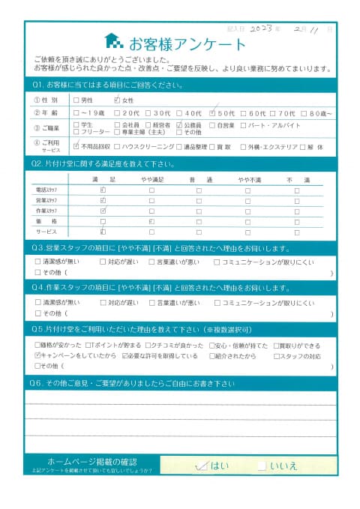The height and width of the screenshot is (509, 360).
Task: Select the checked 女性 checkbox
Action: point(116,99)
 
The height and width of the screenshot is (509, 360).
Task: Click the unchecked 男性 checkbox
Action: point(76,99)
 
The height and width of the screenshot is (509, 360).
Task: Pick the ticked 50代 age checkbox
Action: point(214,112)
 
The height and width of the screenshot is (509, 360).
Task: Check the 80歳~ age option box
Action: point(311,112)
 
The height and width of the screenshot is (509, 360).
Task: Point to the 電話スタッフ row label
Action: point(46,191)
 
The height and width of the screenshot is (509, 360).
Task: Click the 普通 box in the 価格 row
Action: point(199,222)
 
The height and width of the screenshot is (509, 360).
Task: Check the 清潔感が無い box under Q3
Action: point(39,262)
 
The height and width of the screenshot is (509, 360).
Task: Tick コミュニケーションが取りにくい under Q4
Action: point(217,303)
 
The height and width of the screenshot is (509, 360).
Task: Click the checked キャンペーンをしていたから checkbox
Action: point(39,355)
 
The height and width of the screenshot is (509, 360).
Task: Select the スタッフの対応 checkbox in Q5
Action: point(277,355)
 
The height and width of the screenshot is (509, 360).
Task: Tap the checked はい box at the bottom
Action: point(200,466)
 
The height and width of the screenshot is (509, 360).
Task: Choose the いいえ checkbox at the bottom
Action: point(262,466)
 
